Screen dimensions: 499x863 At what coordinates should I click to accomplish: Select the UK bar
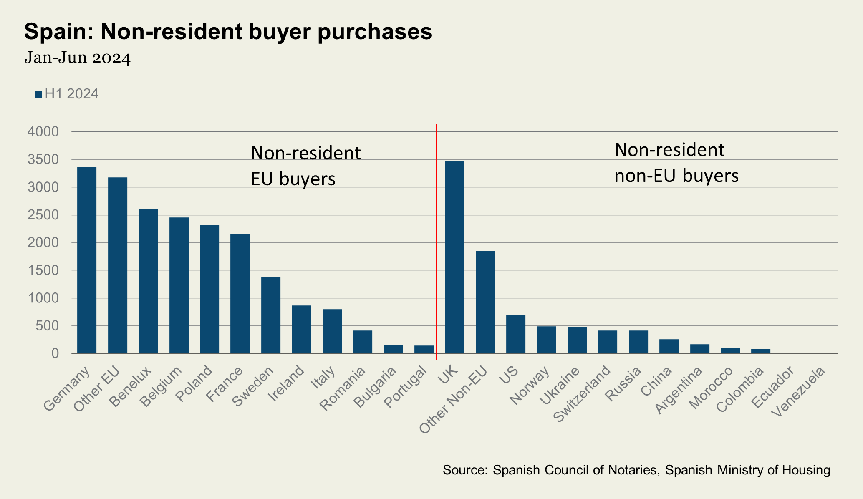(454, 257)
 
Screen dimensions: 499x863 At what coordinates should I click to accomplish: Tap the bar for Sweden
(271, 315)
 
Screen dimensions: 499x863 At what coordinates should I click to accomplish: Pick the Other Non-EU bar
(485, 302)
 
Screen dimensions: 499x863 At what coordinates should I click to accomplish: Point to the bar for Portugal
(424, 350)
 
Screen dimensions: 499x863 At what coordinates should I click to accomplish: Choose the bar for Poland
(209, 289)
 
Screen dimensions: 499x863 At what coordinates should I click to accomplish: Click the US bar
(516, 334)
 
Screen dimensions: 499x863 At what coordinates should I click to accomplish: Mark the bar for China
(669, 346)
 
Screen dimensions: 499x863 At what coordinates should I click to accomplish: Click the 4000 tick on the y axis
(43, 132)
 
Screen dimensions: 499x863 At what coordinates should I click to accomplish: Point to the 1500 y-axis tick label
(43, 271)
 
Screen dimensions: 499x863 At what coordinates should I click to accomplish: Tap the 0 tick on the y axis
(55, 354)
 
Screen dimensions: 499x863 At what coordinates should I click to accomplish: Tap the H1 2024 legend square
(38, 94)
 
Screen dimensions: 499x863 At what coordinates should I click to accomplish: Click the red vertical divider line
(437, 242)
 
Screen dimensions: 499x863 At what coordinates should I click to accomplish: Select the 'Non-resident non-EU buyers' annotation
(676, 163)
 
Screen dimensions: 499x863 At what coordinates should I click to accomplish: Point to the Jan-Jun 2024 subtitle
(78, 58)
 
